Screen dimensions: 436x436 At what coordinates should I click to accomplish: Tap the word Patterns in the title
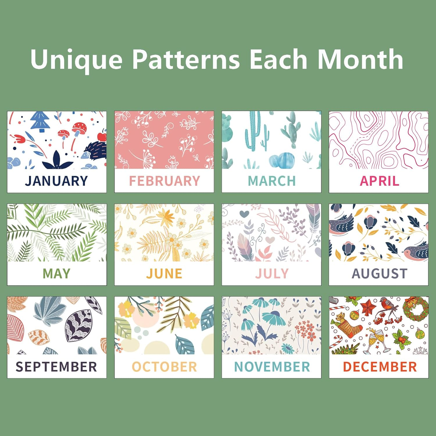coord(186,59)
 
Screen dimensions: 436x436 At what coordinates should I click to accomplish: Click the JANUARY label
coord(56,181)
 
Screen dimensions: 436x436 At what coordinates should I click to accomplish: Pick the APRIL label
coord(379,181)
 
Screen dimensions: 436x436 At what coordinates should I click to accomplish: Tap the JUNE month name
coord(164,274)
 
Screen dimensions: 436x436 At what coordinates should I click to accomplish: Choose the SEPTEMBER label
coord(56,367)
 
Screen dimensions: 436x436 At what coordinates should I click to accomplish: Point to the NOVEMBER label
coord(272,367)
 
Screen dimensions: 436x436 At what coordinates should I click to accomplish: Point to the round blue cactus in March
coord(282,160)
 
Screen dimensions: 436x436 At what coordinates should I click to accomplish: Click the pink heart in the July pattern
coord(270,240)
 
